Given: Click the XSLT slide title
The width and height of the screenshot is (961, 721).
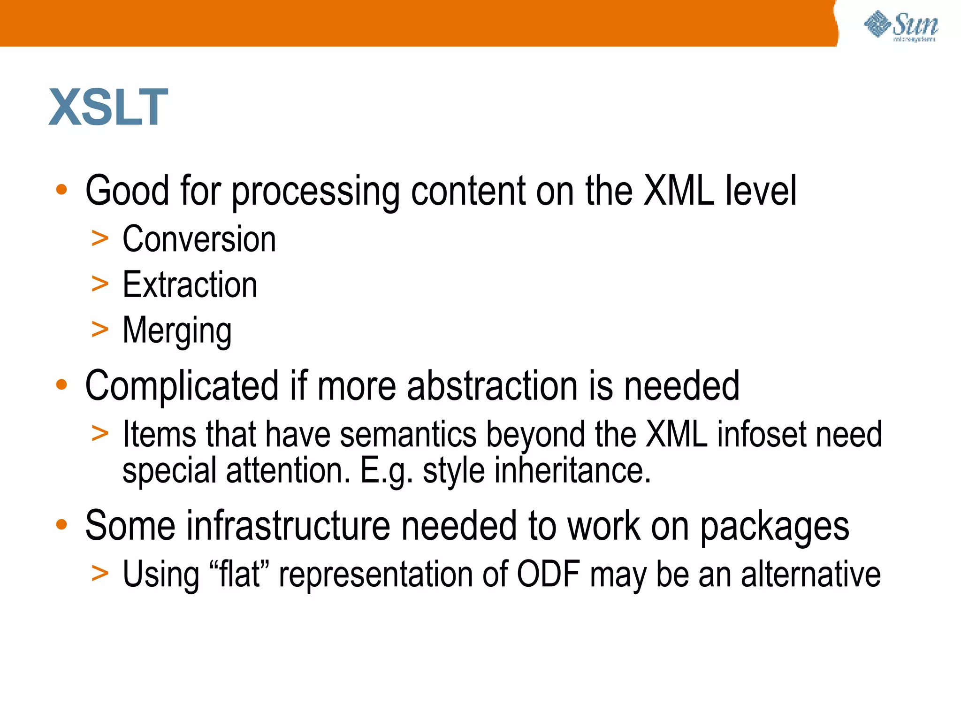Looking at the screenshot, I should [x=108, y=107].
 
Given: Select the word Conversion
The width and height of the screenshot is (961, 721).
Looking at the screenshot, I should [x=199, y=239].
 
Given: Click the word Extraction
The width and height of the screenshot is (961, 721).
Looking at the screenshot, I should [x=190, y=284].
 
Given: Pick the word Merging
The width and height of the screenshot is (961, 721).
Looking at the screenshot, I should [x=177, y=331].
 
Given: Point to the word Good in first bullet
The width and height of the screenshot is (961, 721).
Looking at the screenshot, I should [x=127, y=191].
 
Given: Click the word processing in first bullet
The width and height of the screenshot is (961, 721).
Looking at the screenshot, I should [x=316, y=192].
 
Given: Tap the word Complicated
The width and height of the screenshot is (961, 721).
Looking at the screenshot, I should [x=182, y=386].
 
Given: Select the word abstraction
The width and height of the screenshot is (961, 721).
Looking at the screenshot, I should [x=492, y=386].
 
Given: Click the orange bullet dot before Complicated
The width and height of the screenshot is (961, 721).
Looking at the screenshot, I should [x=61, y=385].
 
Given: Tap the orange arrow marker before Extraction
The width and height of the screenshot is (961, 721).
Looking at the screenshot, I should [x=100, y=284].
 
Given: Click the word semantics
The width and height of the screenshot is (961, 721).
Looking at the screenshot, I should [x=408, y=434].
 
